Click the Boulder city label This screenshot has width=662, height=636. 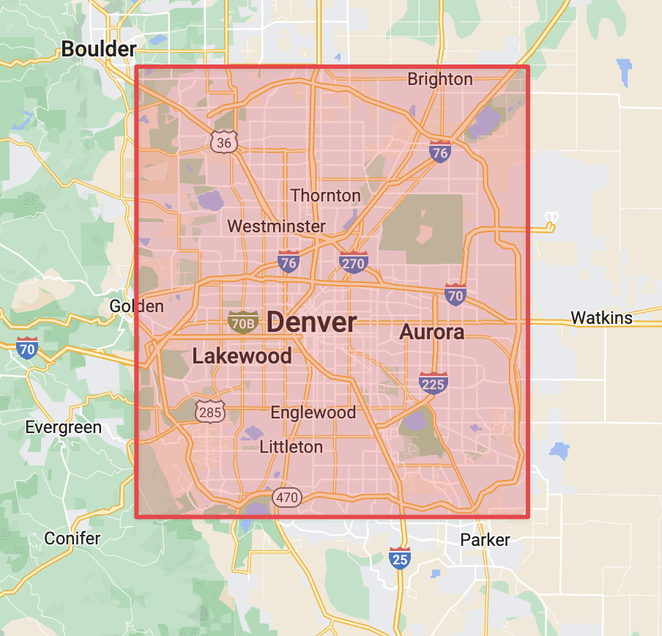99,49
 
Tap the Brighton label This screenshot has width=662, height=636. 439,79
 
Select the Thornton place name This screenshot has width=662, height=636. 325,196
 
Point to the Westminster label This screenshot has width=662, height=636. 276,226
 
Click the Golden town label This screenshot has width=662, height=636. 136,306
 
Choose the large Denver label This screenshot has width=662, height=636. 312,322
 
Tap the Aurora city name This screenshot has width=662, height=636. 431,332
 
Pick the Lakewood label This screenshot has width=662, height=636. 242,356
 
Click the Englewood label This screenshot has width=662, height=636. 313,413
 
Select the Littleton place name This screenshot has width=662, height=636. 291,446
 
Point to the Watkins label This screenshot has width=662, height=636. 601,318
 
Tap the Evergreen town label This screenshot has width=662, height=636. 63,427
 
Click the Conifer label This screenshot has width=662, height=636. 72,539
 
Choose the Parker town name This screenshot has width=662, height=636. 485,540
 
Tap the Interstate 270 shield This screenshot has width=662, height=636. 353,262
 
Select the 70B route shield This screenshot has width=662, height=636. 242,321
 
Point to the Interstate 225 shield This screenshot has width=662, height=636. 434,382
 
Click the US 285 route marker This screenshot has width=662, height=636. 209,411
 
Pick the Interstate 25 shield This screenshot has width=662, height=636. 399,558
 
